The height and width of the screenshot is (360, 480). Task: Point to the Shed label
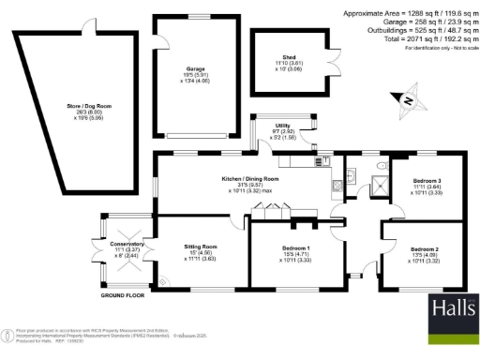point(289,59)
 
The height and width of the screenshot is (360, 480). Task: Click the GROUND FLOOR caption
point(125,296)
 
